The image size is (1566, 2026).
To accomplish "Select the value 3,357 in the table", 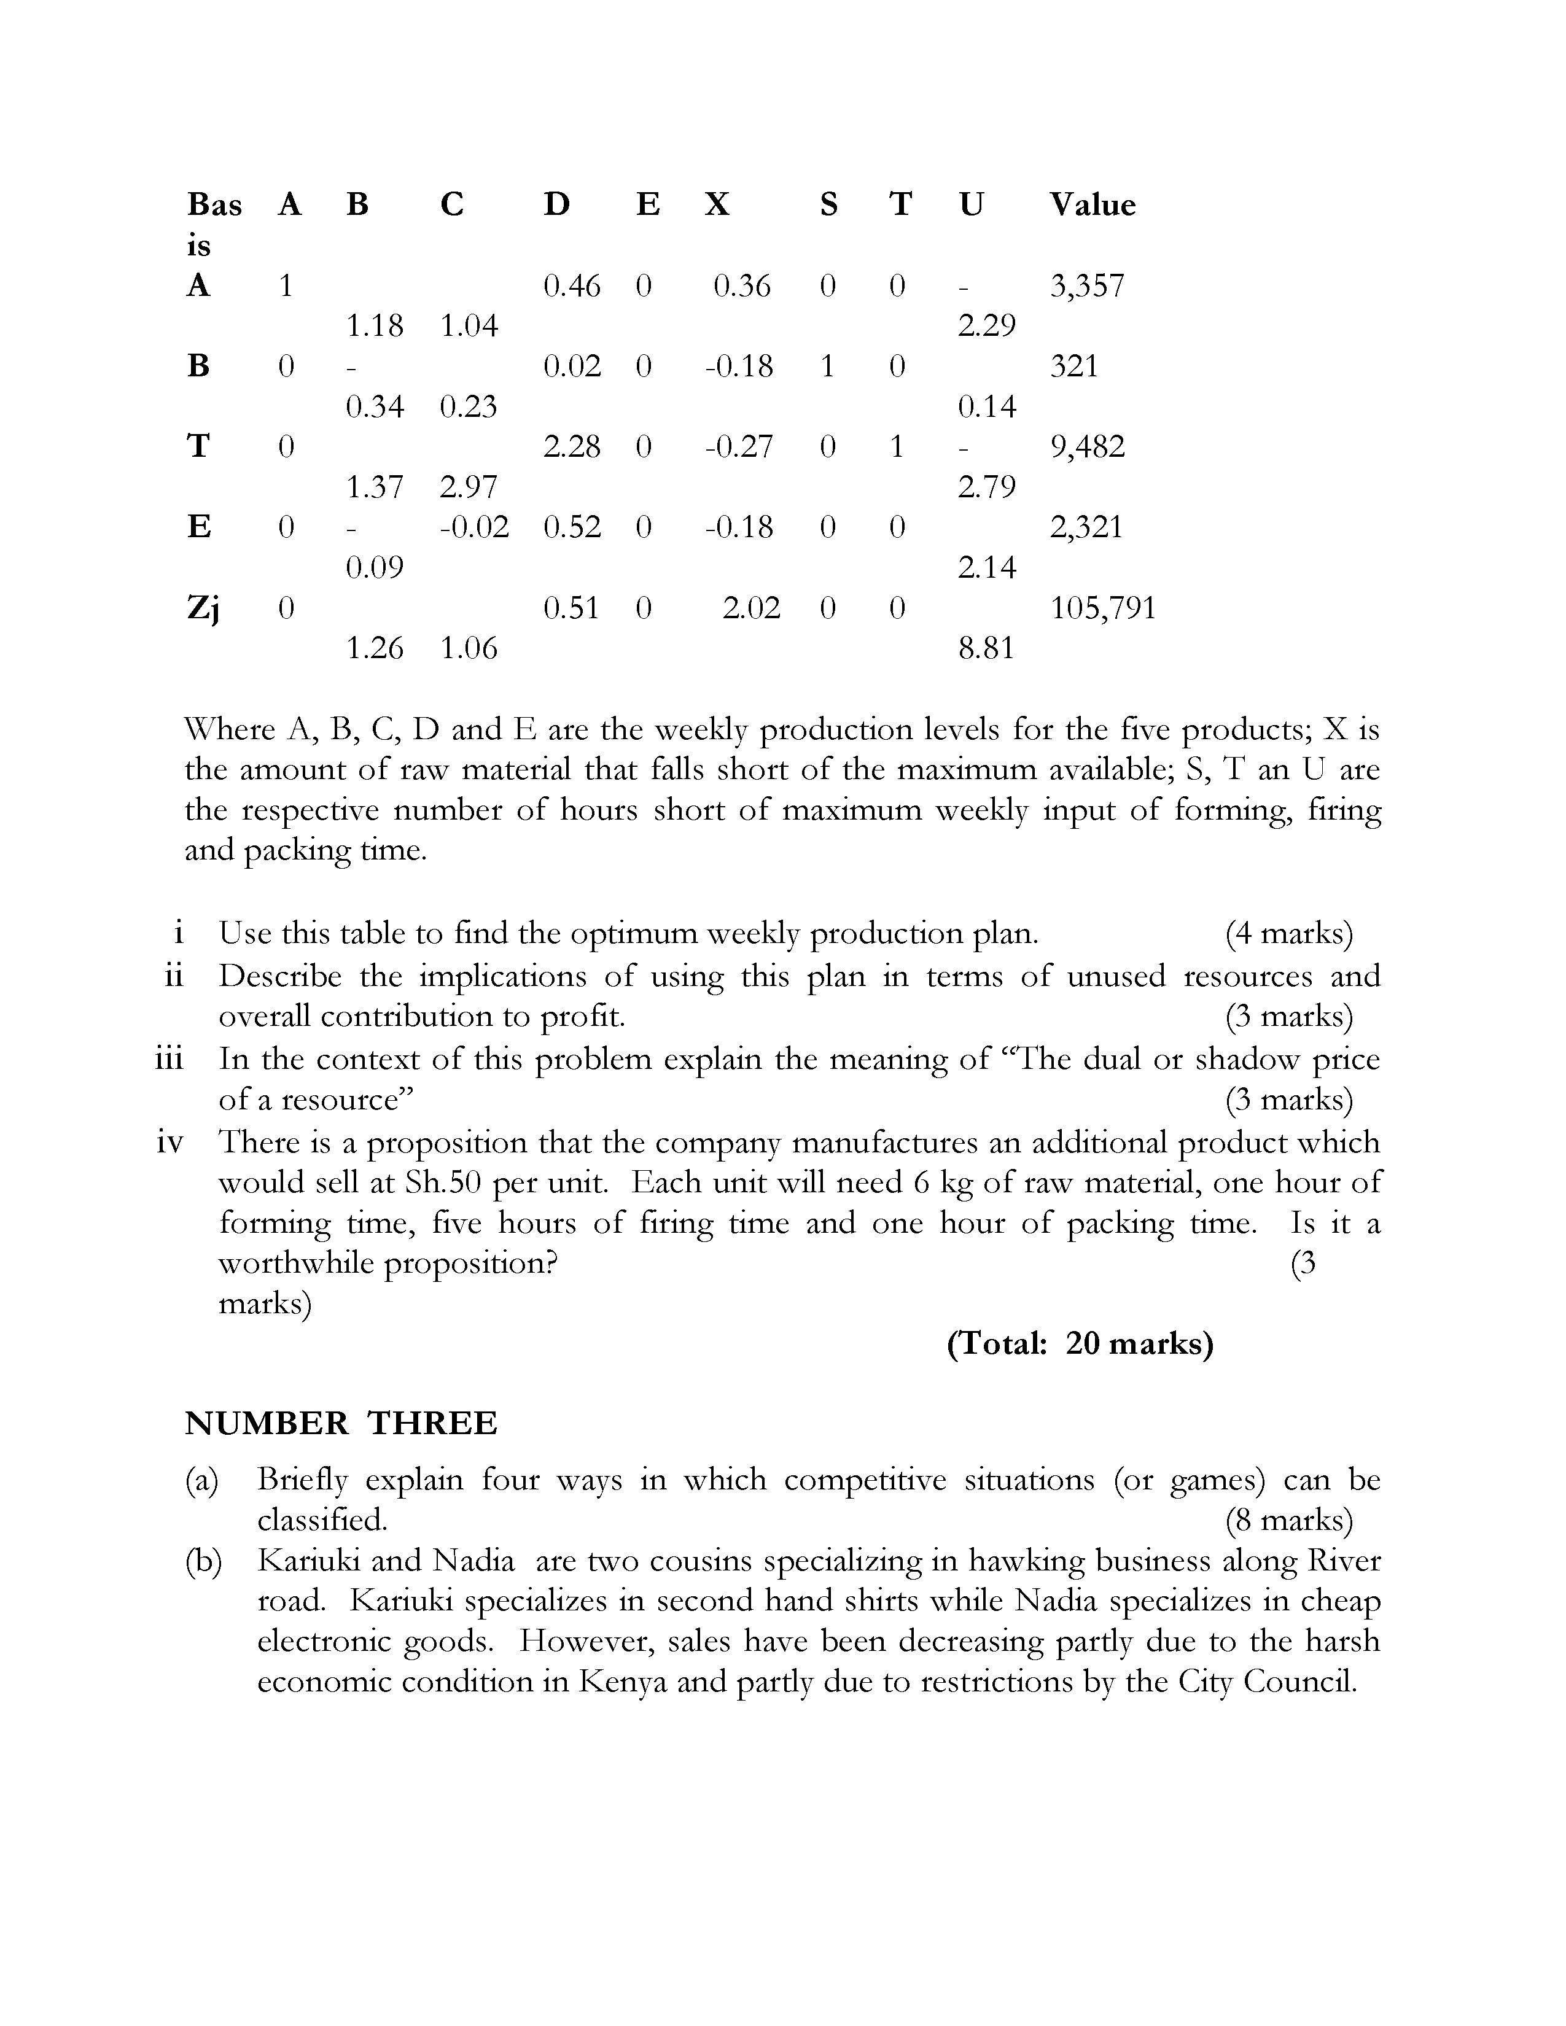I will (x=1086, y=285).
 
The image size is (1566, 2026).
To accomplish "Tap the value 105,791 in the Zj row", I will (x=1102, y=608).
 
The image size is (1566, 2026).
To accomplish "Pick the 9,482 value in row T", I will (x=1086, y=447).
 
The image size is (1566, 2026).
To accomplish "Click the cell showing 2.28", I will (x=572, y=447).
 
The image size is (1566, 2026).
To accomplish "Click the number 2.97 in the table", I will (x=469, y=487).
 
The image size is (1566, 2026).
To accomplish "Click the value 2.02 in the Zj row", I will (x=750, y=608).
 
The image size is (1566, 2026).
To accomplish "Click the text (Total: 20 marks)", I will (x=1080, y=1343).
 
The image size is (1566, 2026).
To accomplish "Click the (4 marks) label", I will (x=1288, y=933).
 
